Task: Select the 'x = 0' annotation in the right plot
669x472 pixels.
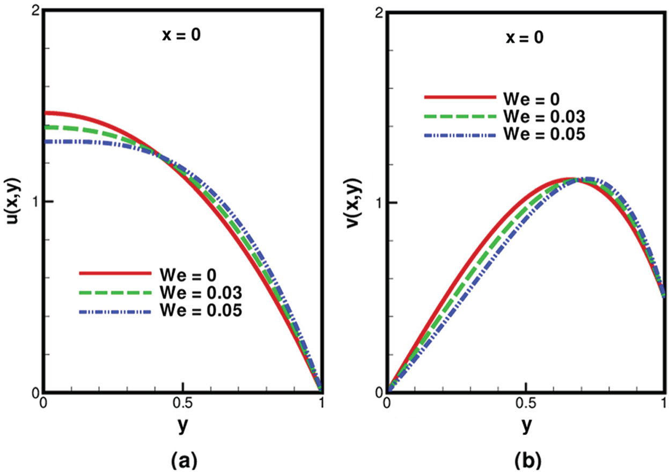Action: point(526,38)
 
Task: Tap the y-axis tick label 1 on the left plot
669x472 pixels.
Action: point(35,201)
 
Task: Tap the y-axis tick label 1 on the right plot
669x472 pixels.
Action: point(378,202)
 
